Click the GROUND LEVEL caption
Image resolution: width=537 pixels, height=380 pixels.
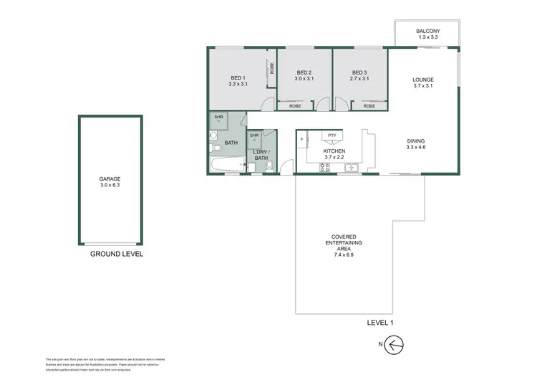(117, 254)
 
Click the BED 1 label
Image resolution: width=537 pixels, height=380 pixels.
(238, 77)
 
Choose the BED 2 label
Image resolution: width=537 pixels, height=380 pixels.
(304, 72)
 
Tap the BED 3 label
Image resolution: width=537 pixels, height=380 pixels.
(359, 72)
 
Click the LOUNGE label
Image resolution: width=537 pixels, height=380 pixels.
(423, 80)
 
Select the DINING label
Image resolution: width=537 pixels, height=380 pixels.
(416, 142)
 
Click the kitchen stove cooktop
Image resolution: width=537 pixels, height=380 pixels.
(324, 168)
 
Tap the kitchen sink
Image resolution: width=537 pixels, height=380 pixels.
(351, 168)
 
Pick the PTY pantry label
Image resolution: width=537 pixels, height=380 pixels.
(332, 135)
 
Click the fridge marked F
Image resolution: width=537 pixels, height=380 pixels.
(302, 138)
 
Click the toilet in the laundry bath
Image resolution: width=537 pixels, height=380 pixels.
(268, 166)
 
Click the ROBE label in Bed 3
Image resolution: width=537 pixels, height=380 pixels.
(369, 106)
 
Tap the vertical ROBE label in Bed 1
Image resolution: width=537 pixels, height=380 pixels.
(271, 68)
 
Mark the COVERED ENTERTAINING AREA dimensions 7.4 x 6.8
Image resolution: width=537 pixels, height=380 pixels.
(344, 255)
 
